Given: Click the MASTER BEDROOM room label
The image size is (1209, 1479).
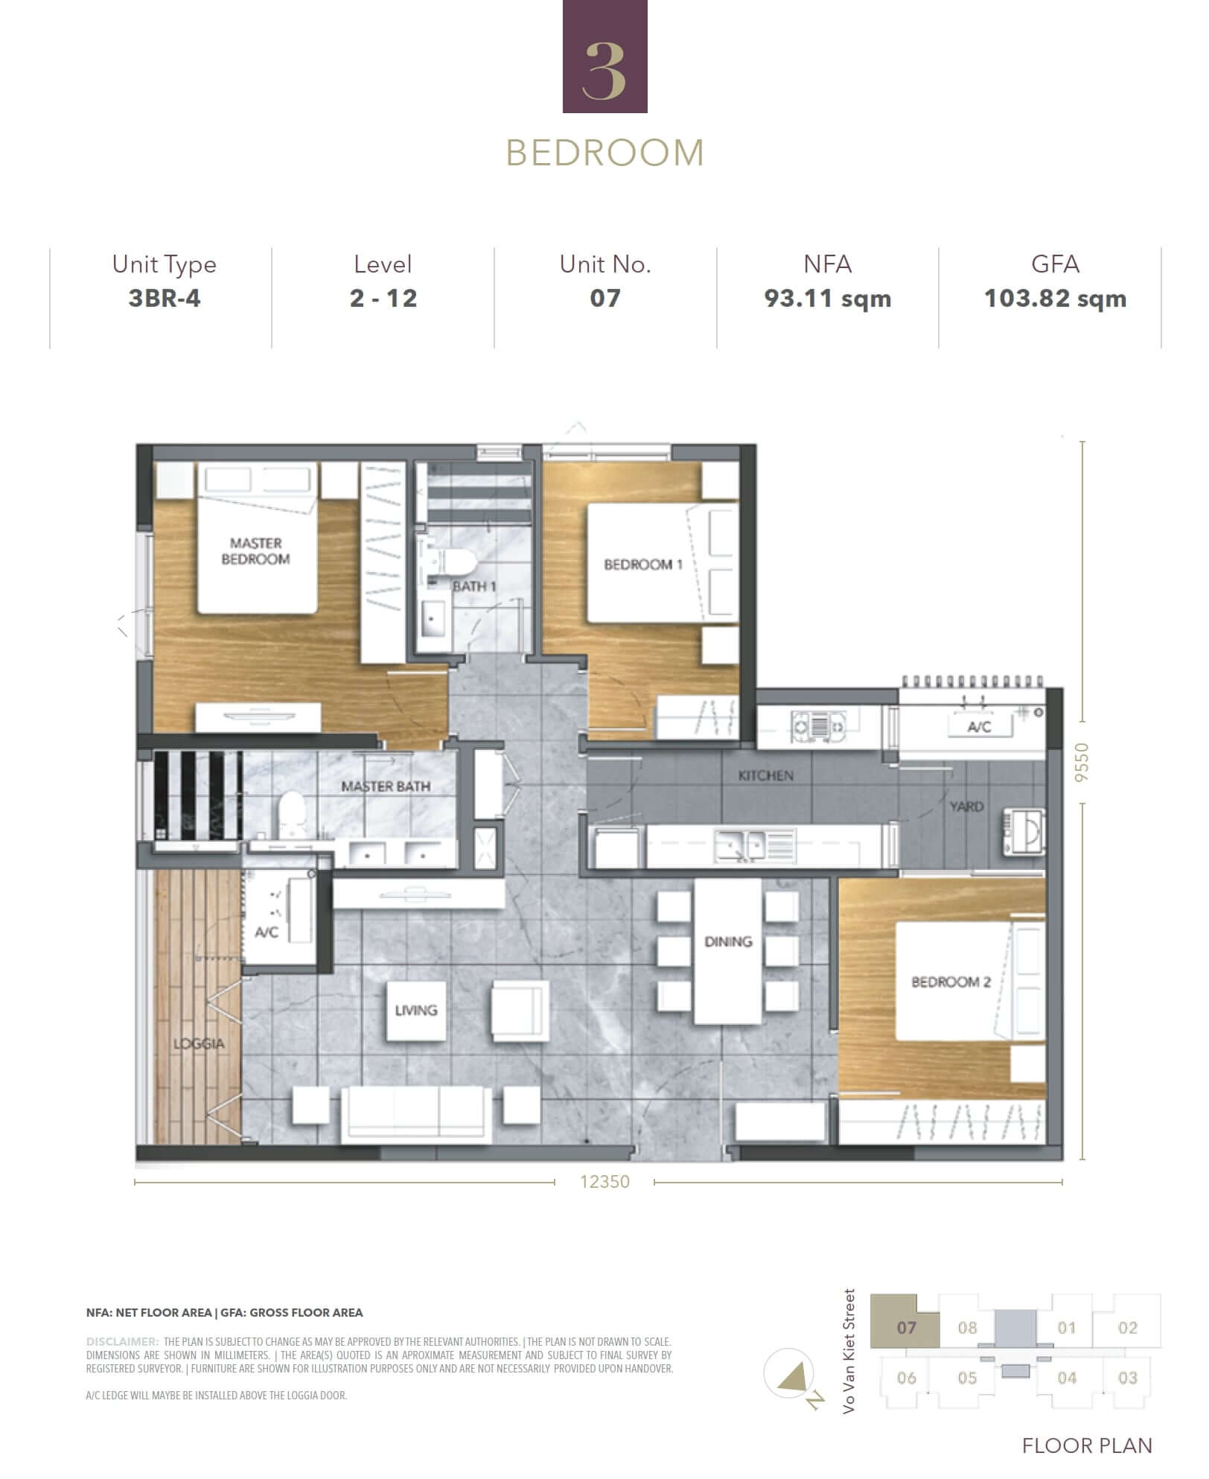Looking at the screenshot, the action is (x=255, y=551).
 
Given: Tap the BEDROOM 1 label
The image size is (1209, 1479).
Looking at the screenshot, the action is (x=643, y=564).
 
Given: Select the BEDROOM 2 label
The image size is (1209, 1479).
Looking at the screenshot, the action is (x=951, y=982).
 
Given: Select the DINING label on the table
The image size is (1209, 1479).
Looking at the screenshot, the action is (x=728, y=942).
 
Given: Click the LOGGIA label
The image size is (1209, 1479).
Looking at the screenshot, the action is (x=199, y=1043).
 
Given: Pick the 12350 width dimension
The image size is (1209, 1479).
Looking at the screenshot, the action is (x=604, y=1182).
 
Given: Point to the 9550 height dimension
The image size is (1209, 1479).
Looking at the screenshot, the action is (x=1082, y=762).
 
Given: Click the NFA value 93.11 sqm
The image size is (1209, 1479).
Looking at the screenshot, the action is (x=827, y=298).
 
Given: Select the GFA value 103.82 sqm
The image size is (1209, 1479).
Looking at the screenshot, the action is (x=1055, y=298).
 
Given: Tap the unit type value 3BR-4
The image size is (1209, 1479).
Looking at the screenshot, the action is (x=165, y=298).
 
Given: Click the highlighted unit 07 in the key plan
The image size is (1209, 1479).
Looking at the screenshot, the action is (x=906, y=1327).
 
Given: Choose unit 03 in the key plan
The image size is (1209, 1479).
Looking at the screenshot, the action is (x=1128, y=1378).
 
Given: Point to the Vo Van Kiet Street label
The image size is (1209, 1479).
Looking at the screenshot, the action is (x=849, y=1351).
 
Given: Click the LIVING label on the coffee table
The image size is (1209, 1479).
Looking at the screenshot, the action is (x=416, y=1011).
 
